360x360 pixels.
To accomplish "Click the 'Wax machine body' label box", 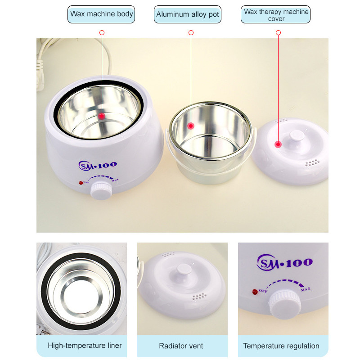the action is (x=101, y=14).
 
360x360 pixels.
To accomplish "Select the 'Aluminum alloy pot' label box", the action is (x=188, y=14).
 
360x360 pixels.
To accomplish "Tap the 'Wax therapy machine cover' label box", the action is (x=275, y=14).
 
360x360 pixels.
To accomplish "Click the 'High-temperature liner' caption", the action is (x=85, y=345).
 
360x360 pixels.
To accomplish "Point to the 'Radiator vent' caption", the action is (x=181, y=346).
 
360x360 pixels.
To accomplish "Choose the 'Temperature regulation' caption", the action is (x=281, y=346).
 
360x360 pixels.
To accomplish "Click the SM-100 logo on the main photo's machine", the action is (x=98, y=165).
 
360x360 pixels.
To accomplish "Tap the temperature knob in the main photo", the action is (x=102, y=190).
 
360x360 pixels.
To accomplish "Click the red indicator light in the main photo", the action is (x=81, y=183).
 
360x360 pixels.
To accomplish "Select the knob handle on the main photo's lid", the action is (x=297, y=136).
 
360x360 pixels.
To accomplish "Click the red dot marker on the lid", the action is (x=278, y=144).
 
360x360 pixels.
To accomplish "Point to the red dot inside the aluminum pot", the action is (x=191, y=126).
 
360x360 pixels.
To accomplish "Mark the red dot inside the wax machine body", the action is (x=102, y=116).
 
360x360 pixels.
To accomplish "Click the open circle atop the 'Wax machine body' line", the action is (x=102, y=32).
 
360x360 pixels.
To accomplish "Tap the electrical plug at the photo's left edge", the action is (x=40, y=75).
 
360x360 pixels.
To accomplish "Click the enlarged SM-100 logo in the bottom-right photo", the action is (x=284, y=262).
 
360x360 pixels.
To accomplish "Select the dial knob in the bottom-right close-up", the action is (x=285, y=305).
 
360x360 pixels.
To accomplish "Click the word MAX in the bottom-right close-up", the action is (x=306, y=289).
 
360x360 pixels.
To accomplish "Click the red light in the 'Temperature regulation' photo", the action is (x=255, y=292).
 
